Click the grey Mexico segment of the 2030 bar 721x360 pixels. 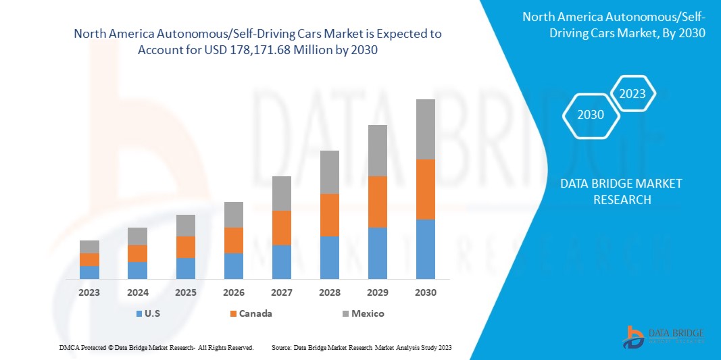coord(426,129)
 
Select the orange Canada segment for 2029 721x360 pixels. coord(378,201)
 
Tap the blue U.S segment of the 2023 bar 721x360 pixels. coord(89,272)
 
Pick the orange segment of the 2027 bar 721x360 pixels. coord(282,228)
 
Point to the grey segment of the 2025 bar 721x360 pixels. coord(186,226)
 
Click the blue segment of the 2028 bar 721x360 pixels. coord(330,257)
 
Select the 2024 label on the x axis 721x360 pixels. coord(137,293)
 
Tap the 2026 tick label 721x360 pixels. coord(234,293)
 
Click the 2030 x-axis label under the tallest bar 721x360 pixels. coord(426,293)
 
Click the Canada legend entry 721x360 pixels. coord(251,313)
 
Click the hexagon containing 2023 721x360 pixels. coord(632,94)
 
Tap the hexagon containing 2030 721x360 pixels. coord(591,115)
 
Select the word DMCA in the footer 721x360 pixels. coord(68,347)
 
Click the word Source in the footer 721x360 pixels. coord(281,347)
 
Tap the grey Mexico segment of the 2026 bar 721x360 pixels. coord(234,215)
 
